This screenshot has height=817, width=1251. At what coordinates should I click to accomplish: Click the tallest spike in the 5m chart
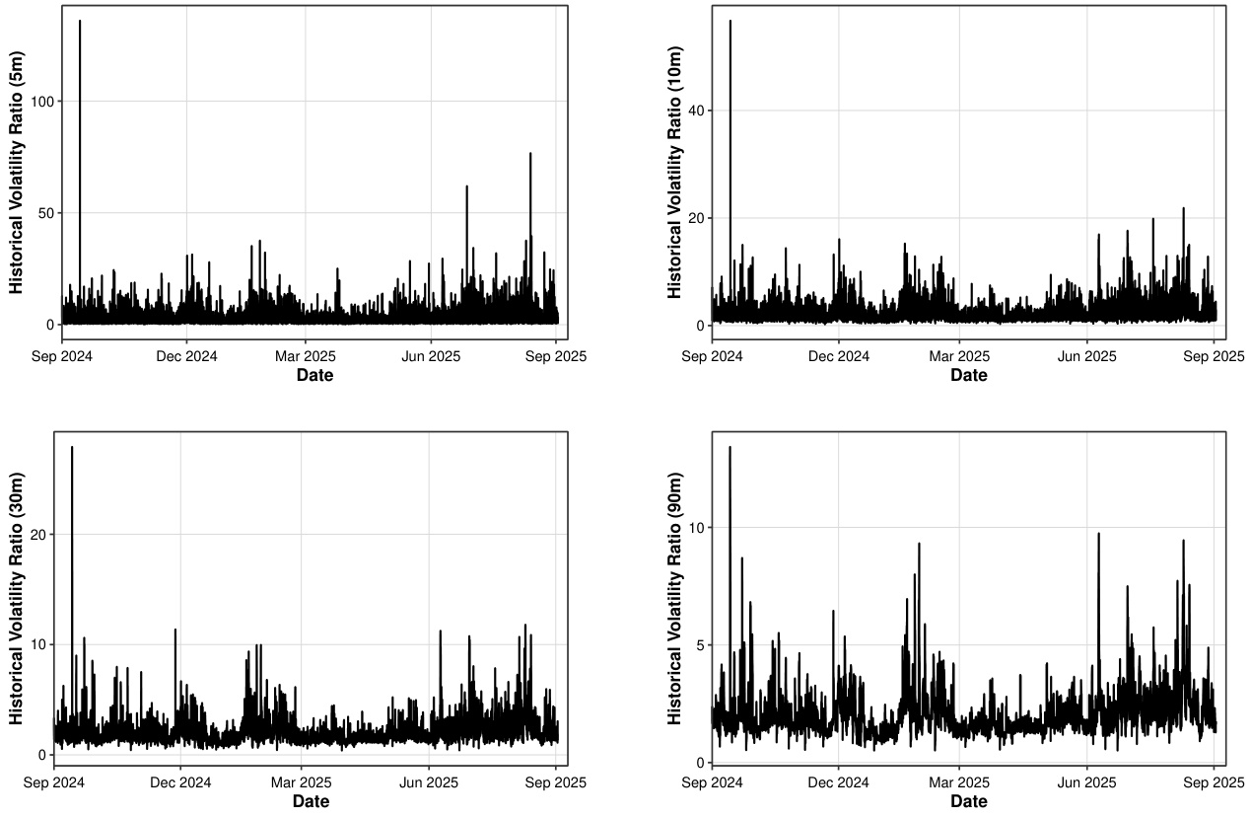(80, 22)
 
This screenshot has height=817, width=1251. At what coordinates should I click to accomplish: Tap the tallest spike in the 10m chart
(730, 22)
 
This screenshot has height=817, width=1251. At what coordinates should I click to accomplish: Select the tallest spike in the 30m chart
(72, 448)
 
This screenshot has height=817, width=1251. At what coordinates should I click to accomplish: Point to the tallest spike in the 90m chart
(730, 448)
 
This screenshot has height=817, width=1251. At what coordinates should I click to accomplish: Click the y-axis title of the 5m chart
(17, 173)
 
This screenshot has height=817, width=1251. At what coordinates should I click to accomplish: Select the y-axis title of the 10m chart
(674, 173)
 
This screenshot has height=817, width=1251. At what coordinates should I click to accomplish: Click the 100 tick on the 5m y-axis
(41, 102)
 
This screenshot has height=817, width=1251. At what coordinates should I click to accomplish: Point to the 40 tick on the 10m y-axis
(695, 111)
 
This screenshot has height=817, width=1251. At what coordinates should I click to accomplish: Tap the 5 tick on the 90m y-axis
(699, 644)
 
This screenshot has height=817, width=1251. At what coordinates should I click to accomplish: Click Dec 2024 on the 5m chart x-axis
(186, 356)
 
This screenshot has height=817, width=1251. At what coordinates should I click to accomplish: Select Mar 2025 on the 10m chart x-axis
(959, 356)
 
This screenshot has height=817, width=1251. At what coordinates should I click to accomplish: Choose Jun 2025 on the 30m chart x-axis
(429, 782)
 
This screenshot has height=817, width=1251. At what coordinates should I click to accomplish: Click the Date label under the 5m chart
(315, 375)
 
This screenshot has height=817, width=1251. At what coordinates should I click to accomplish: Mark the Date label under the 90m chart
(968, 801)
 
